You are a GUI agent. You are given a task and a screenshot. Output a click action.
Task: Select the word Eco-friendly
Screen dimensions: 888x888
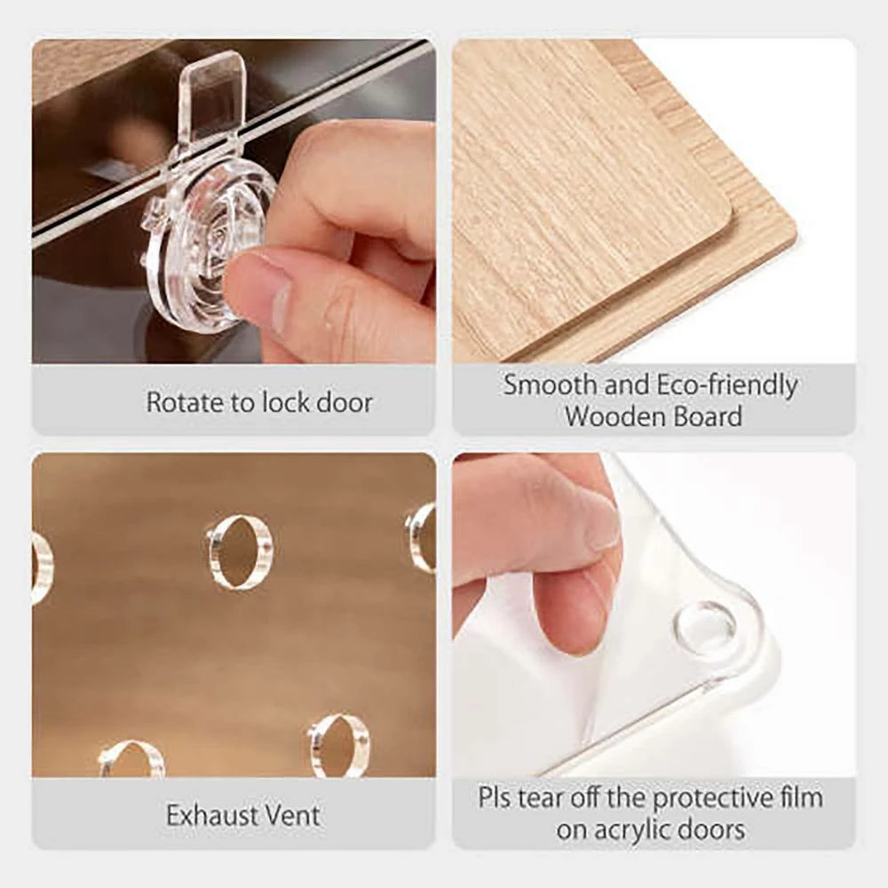(727, 386)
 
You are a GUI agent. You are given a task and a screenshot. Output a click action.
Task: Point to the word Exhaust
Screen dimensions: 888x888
(212, 815)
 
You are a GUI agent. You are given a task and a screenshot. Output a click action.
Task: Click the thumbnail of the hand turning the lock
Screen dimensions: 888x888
(234, 201)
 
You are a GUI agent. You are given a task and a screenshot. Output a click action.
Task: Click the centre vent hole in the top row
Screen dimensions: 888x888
(239, 552)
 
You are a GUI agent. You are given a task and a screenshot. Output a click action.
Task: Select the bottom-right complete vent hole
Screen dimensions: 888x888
(338, 744)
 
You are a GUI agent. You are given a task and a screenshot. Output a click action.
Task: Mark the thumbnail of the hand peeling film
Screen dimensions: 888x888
(654, 614)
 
